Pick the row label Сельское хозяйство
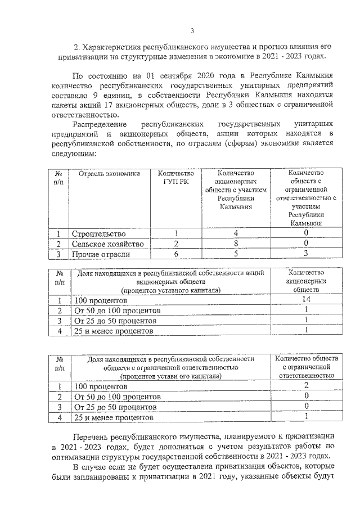pyautogui.click(x=107, y=244)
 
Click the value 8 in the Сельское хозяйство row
pyautogui.click(x=236, y=244)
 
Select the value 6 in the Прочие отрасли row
pyautogui.click(x=176, y=255)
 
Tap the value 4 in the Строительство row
pyautogui.click(x=236, y=233)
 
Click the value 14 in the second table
pyautogui.click(x=305, y=300)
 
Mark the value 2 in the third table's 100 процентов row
pyautogui.click(x=305, y=386)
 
